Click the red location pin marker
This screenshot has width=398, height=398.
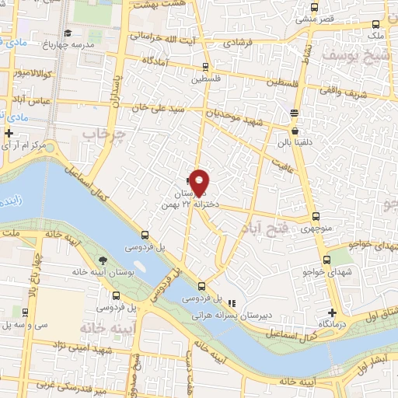tap(200, 181)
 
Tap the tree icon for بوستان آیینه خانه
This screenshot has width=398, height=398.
tap(103, 260)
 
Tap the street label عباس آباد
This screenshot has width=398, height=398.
tap(33, 100)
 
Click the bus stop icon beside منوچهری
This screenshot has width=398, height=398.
tap(315, 217)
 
